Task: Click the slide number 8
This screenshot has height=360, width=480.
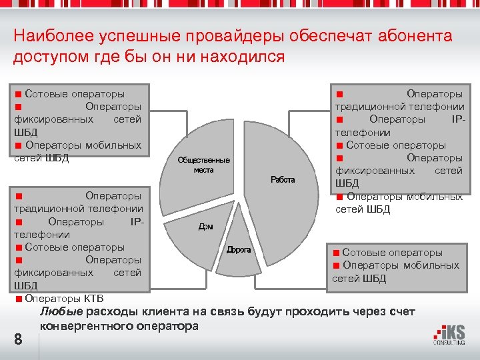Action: [18, 339]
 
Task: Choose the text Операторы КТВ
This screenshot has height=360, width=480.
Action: [64, 297]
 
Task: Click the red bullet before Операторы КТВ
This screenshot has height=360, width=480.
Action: [19, 297]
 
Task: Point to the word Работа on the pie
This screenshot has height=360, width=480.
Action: [283, 180]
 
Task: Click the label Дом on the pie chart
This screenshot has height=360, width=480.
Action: [205, 227]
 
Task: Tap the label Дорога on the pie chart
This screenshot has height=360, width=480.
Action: [239, 249]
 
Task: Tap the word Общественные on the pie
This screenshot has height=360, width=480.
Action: [203, 160]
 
